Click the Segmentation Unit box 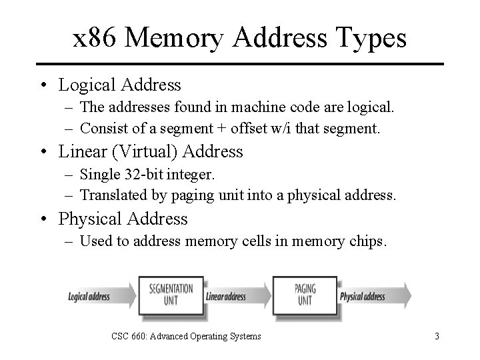click(171, 295)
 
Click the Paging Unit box click(305, 295)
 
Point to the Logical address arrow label click(89, 296)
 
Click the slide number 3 click(437, 337)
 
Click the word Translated click(111, 195)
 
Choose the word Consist click(101, 128)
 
